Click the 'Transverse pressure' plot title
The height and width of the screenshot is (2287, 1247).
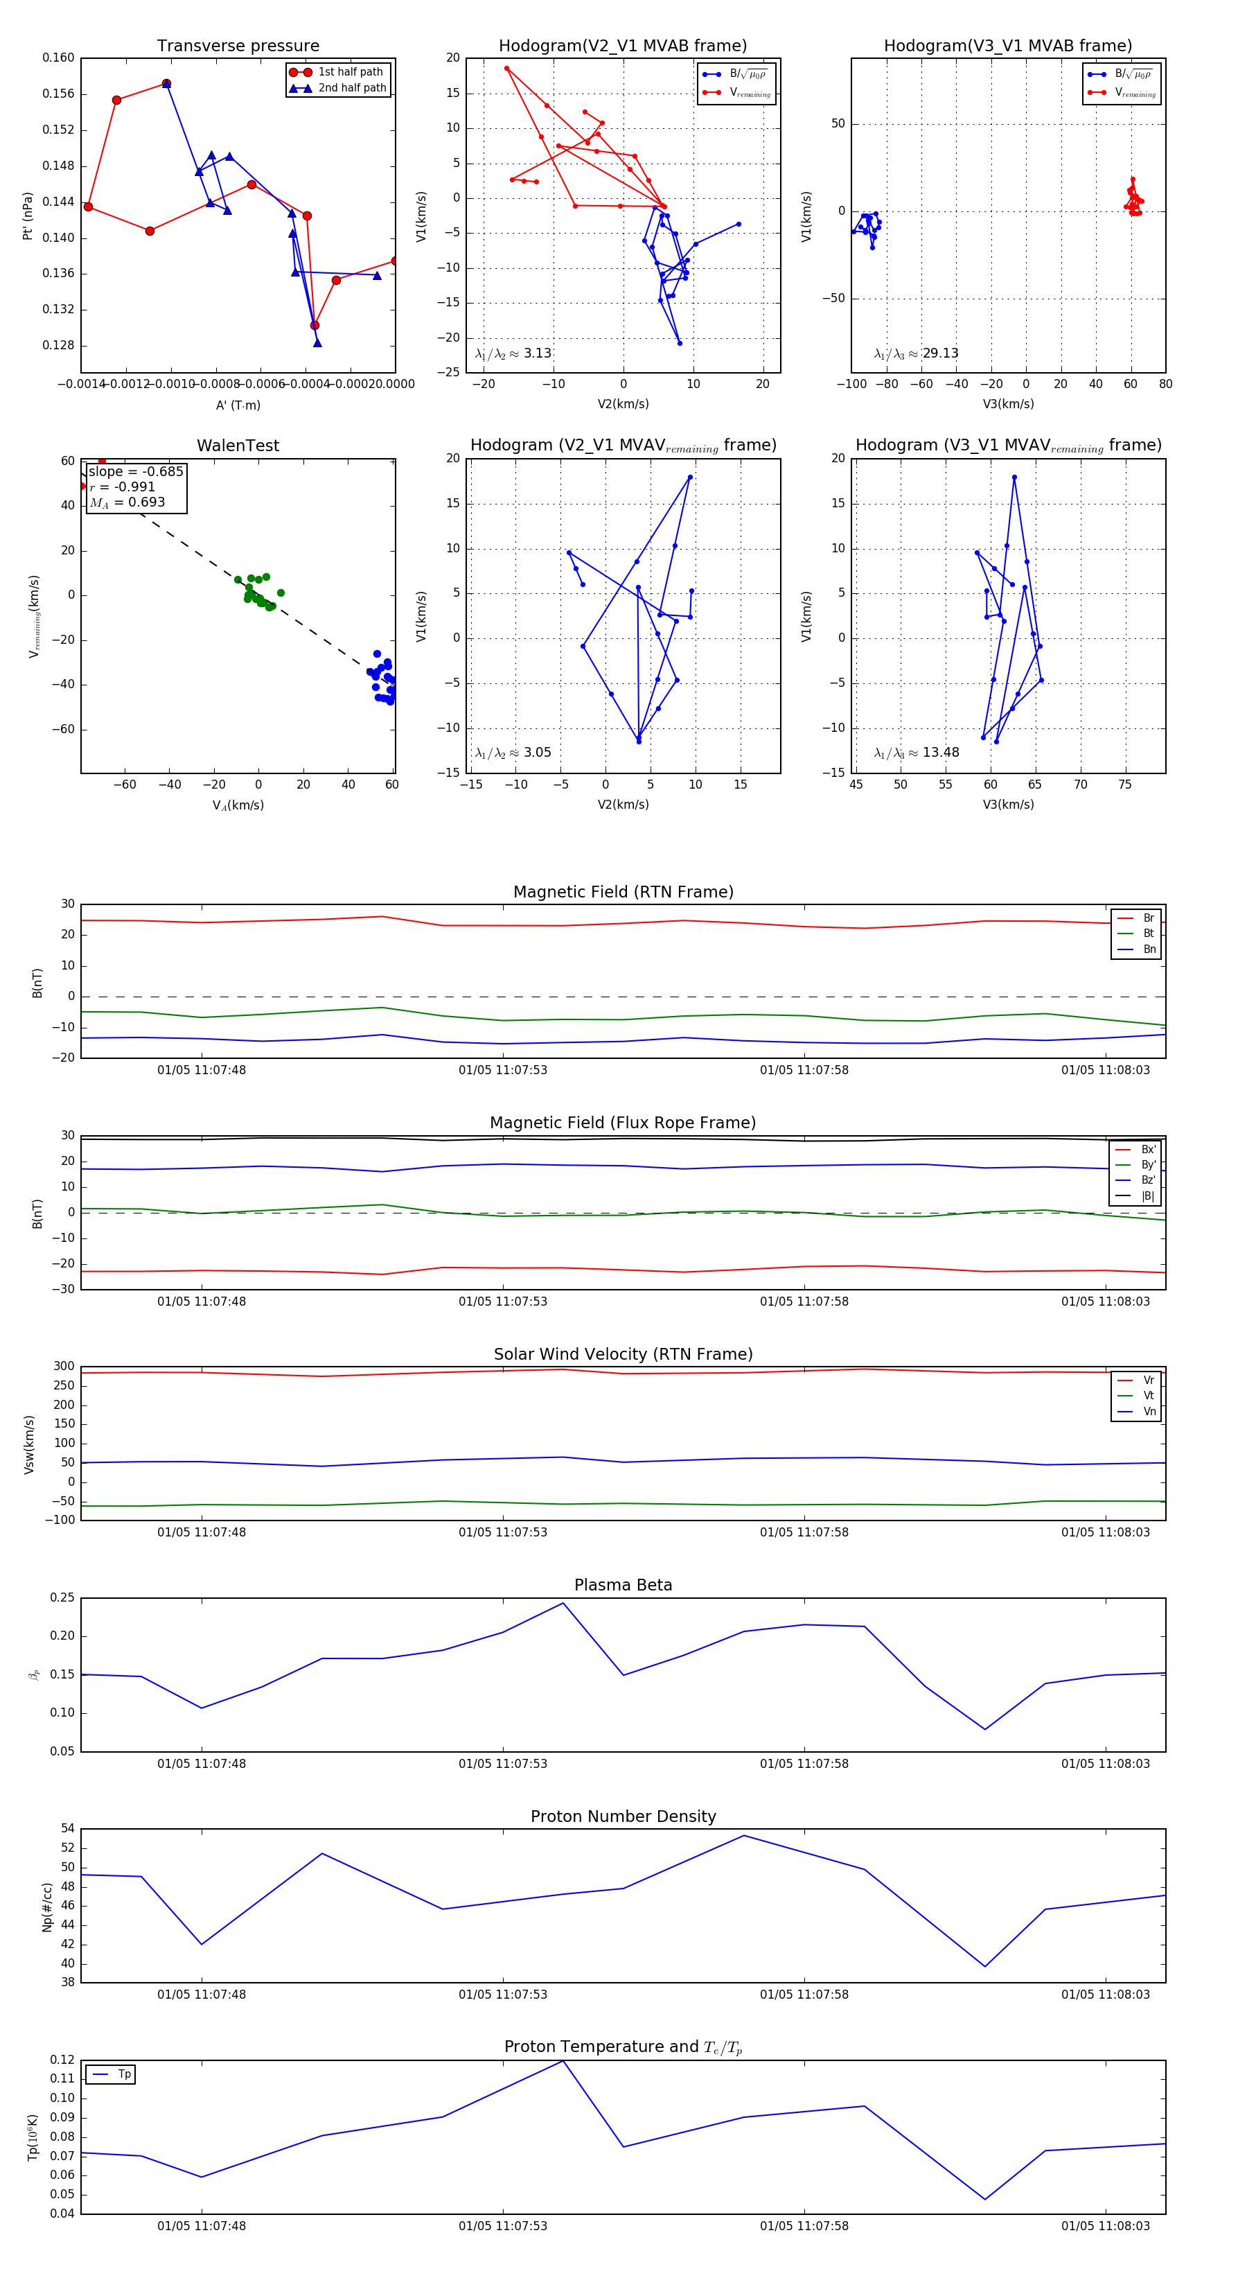(x=238, y=46)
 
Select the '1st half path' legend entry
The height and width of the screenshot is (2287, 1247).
(x=350, y=72)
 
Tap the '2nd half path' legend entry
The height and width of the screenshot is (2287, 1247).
(x=351, y=88)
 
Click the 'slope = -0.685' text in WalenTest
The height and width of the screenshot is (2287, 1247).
(x=136, y=471)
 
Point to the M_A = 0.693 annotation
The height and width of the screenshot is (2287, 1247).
(x=127, y=502)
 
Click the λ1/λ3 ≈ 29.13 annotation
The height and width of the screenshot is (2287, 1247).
(x=916, y=353)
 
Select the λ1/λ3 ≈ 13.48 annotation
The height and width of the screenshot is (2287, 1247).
(x=916, y=753)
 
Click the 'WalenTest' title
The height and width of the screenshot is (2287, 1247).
(x=238, y=446)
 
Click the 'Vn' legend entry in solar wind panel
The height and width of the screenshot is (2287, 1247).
(x=1149, y=1412)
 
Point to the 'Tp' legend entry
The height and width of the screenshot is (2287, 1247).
(x=123, y=2074)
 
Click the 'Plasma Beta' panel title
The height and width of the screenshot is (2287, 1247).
(x=623, y=1586)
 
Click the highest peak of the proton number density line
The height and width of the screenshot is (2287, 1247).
(x=744, y=1836)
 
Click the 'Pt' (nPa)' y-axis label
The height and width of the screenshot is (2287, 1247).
(x=28, y=216)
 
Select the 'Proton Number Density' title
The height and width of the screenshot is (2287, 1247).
(x=623, y=1816)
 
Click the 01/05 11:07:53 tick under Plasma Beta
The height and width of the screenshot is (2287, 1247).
(x=502, y=1763)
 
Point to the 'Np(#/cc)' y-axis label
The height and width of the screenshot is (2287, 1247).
(x=47, y=1906)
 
